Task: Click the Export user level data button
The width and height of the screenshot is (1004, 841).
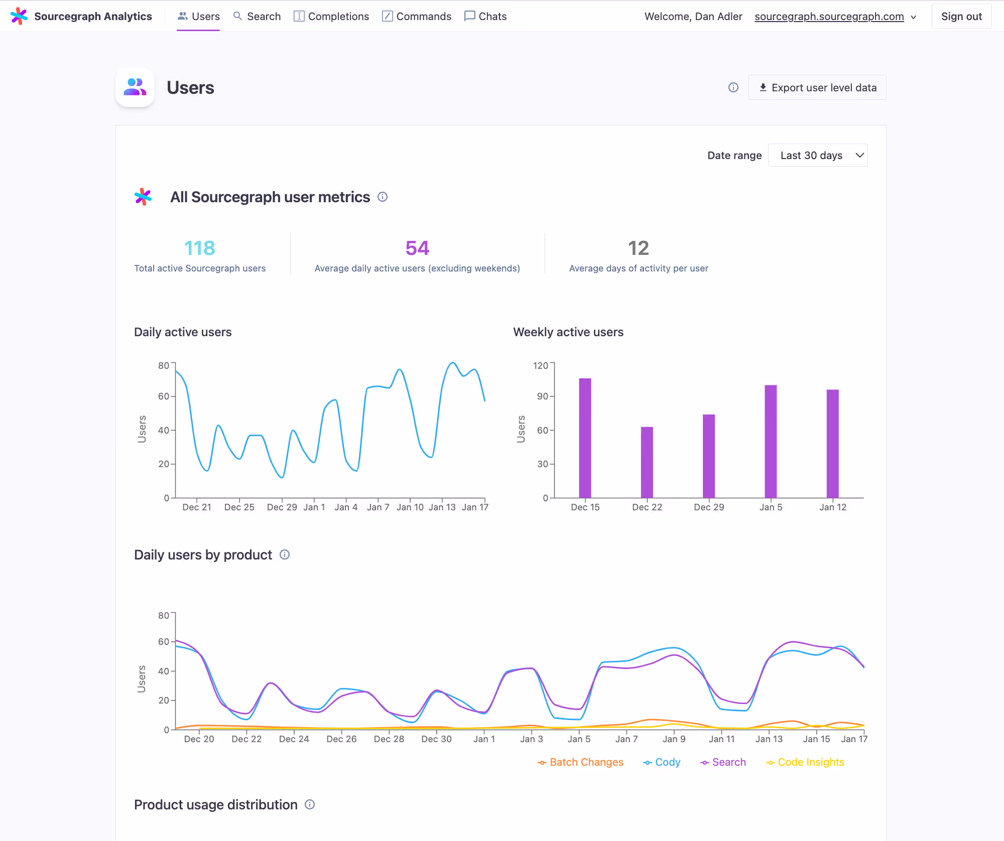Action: tap(817, 88)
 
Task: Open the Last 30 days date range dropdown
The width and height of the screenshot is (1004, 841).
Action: tap(818, 156)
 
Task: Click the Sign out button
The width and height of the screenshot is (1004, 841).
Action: tap(961, 17)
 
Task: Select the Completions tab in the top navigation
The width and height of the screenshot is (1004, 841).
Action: tap(331, 17)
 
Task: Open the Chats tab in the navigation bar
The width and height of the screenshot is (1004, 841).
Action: tap(485, 17)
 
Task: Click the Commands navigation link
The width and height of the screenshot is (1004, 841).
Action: tap(417, 17)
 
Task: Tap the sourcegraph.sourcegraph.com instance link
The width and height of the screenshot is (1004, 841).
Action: tap(829, 17)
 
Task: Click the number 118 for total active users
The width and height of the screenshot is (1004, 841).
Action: tap(200, 248)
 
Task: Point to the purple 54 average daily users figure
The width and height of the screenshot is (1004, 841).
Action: tap(417, 248)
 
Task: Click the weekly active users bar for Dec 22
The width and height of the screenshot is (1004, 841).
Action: tap(647, 462)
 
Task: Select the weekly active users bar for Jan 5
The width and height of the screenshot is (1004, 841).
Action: tap(771, 442)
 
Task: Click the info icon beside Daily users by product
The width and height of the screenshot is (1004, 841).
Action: tap(285, 554)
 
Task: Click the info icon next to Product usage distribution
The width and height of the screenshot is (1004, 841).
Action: tap(310, 804)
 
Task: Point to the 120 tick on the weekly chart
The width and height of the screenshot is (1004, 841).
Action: tap(540, 365)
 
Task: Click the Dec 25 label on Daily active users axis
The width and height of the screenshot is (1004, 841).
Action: tap(239, 507)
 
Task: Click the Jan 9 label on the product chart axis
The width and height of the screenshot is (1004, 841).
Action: tap(674, 739)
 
